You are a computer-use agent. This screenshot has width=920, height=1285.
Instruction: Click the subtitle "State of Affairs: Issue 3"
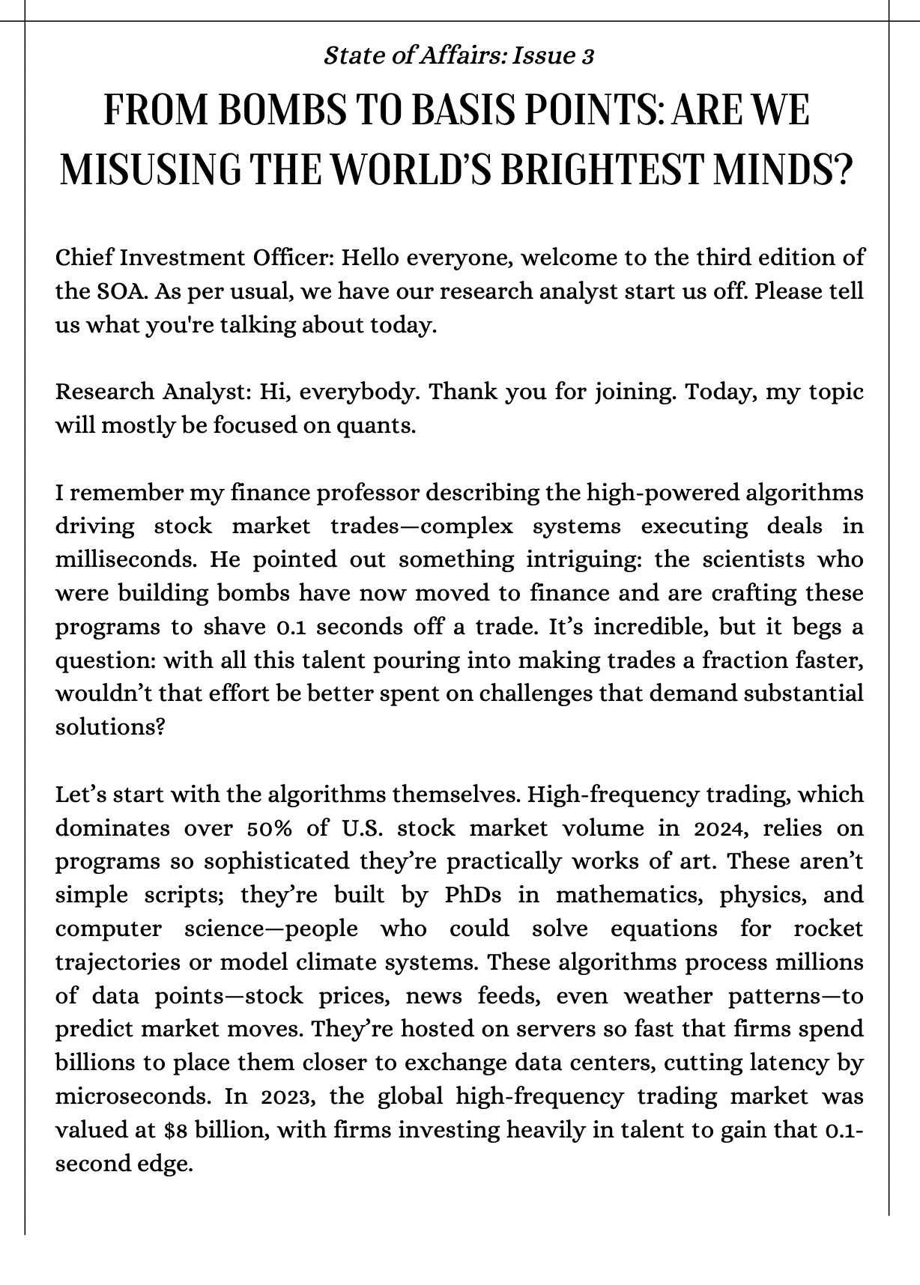click(x=459, y=55)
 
